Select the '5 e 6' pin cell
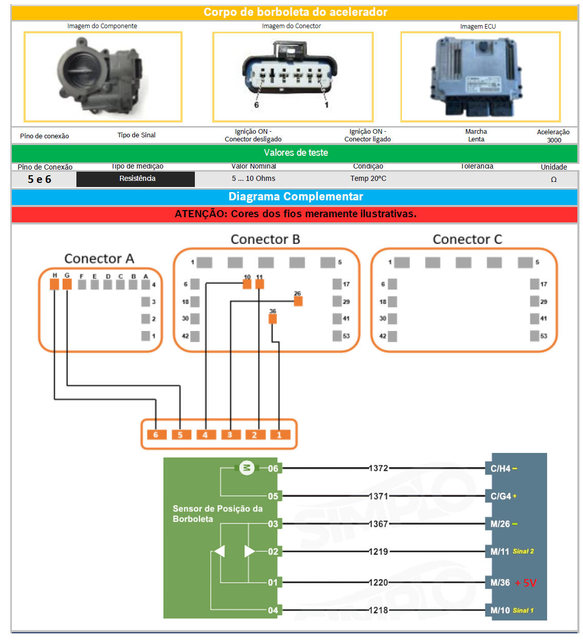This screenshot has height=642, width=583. pyautogui.click(x=39, y=179)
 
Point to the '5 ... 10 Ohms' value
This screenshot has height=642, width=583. pyautogui.click(x=253, y=179)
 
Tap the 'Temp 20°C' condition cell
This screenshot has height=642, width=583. pyautogui.click(x=368, y=179)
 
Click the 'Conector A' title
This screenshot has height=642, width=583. pyautogui.click(x=99, y=259)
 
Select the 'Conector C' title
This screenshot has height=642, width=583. pyautogui.click(x=467, y=240)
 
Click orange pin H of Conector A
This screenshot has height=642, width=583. pyautogui.click(x=54, y=284)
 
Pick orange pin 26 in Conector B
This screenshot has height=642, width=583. pyautogui.click(x=298, y=301)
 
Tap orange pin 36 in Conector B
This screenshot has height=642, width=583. pyautogui.click(x=273, y=319)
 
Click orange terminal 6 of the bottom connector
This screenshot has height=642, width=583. pyautogui.click(x=156, y=435)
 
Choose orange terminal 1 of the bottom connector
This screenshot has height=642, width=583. pyautogui.click(x=279, y=435)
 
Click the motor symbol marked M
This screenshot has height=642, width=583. pyautogui.click(x=247, y=468)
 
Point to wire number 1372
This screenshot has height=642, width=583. pyautogui.click(x=378, y=468)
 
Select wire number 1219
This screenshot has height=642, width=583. pyautogui.click(x=378, y=552)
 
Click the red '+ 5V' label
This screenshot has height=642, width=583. pyautogui.click(x=526, y=583)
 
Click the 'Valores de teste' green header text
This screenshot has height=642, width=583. pyautogui.click(x=296, y=153)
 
